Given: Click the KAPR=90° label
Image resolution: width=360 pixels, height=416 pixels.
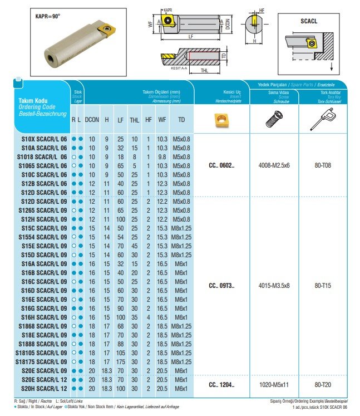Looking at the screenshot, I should coord(45,16).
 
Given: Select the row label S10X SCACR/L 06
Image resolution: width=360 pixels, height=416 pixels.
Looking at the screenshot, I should coord(44,139).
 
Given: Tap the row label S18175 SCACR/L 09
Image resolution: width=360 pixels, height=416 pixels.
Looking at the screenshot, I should coord(43,361).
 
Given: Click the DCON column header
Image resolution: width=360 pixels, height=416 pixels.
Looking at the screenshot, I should coord(93,120).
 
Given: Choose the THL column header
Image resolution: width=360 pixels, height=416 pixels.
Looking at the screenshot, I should coord(134,120).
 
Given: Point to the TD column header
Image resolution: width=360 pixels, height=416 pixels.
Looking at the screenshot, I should coord(181,120).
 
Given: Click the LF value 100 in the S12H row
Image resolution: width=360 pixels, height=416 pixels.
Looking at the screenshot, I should coord(121,219).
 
